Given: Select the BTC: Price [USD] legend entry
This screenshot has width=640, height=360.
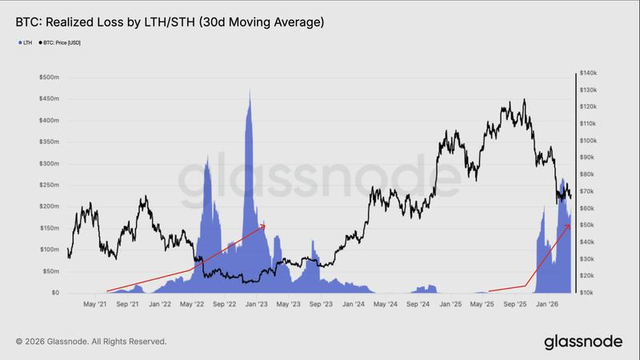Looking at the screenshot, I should pos(60,42).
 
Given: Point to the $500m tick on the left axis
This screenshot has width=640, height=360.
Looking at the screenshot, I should pos(48,78).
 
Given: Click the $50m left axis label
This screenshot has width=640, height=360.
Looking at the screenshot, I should pos(50,271).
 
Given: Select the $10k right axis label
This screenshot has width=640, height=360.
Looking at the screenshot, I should pos(590,292).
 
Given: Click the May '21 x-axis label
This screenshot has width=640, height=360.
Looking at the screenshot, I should pos(95,305).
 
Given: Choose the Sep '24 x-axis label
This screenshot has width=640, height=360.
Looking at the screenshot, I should pos(418,305).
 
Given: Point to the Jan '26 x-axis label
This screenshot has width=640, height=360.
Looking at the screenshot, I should pos(547,305).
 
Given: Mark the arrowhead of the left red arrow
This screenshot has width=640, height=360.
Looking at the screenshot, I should pos(265,226).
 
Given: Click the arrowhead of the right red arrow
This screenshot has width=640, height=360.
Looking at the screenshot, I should pos(570,226).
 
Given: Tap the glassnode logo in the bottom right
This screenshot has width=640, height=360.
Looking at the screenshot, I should pos(583,342).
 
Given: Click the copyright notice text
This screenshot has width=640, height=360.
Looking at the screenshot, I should pos(91,342).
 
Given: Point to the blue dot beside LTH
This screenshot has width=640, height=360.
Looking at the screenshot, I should pos(18,42).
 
